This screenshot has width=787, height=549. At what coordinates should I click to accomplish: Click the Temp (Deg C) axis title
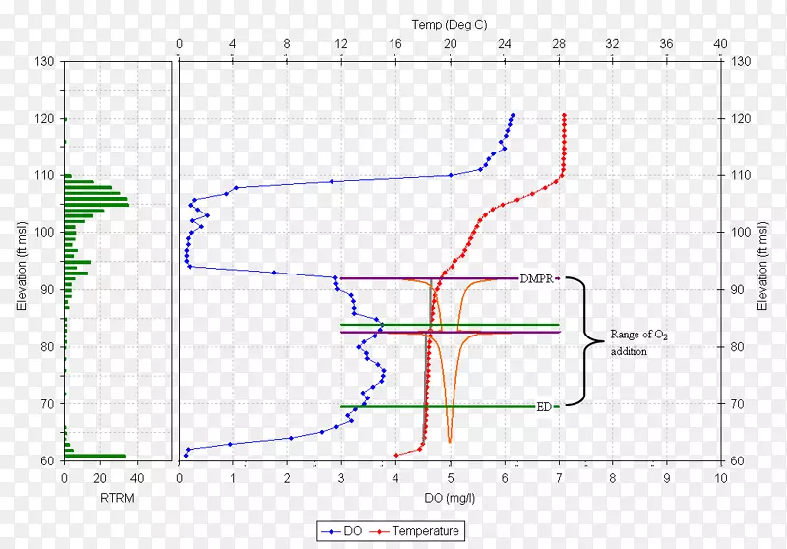[x=450, y=24]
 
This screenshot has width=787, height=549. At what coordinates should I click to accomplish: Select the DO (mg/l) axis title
[x=450, y=498]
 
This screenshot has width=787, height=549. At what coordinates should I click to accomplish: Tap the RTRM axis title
[x=117, y=498]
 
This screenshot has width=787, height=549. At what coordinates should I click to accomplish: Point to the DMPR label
[x=536, y=278]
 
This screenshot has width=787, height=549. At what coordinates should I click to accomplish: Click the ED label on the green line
[x=543, y=406]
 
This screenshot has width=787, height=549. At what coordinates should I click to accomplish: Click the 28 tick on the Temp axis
[x=559, y=44]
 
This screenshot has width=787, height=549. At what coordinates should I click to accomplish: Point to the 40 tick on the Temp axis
[x=720, y=44]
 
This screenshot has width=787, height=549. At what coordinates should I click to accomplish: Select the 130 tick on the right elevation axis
[x=742, y=61]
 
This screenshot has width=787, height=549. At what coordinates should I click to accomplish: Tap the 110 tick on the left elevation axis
[x=45, y=175]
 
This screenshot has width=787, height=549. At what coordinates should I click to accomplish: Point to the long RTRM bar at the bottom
[x=95, y=456]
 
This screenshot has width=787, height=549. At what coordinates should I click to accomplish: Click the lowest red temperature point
[x=395, y=455]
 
